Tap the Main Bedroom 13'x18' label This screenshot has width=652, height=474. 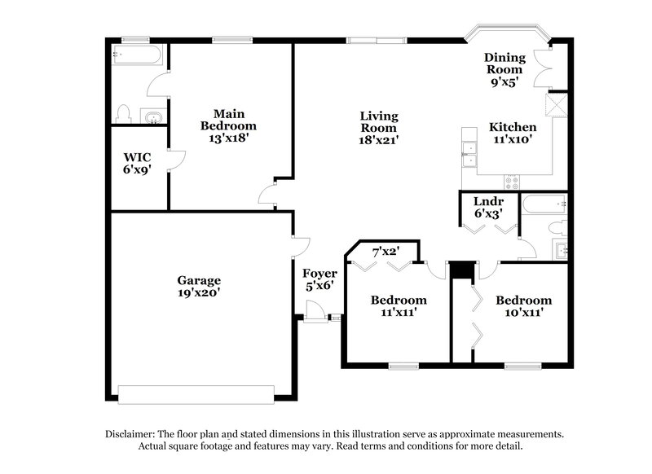coord(229,126)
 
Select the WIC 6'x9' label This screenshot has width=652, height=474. coord(138,163)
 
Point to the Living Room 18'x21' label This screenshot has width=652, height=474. coord(379,127)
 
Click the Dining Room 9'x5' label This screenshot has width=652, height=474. coord(504,69)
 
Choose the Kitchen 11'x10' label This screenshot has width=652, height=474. coord(512,134)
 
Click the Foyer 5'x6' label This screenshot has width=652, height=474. coord(319,279)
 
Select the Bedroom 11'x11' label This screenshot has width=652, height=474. coord(398,305)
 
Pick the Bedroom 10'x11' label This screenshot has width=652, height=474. coord(523,305)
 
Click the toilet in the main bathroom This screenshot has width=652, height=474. coord(123,112)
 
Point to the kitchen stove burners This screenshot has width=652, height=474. coord(512,182)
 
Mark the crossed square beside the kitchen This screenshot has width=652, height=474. coord(557,106)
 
